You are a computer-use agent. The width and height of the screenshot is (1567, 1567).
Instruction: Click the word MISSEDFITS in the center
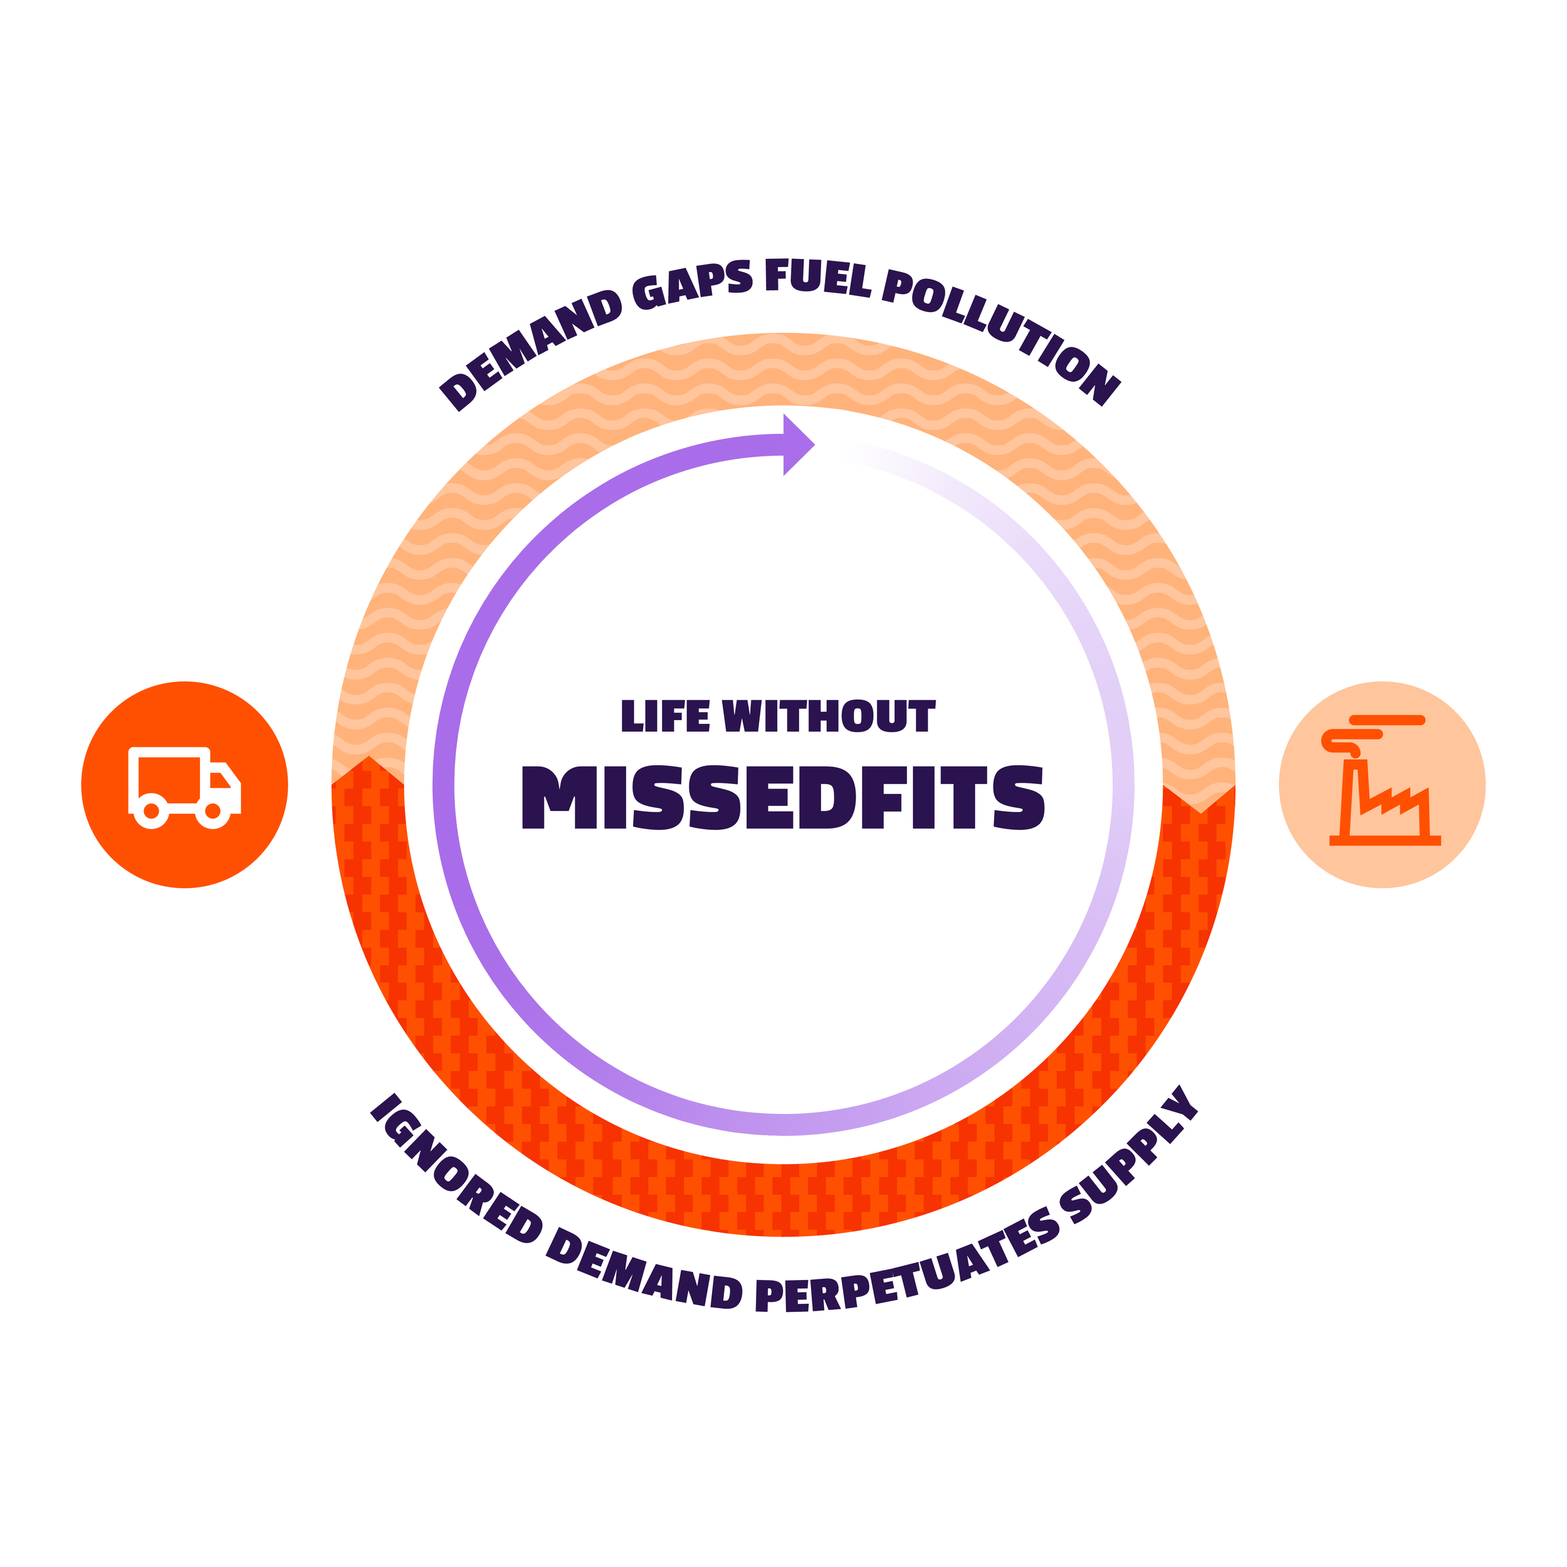coord(783,798)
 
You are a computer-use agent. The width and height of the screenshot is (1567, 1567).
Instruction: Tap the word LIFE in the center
coord(665,717)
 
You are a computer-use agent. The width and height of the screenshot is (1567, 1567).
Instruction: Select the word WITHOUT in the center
coord(828,717)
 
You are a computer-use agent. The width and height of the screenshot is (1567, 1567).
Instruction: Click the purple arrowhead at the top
coord(797,444)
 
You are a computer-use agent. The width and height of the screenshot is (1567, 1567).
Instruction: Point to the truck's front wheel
coord(213,810)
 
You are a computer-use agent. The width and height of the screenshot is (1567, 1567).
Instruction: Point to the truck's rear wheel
coord(151,810)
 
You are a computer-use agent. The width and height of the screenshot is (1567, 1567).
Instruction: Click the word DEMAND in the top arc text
coord(532,349)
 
